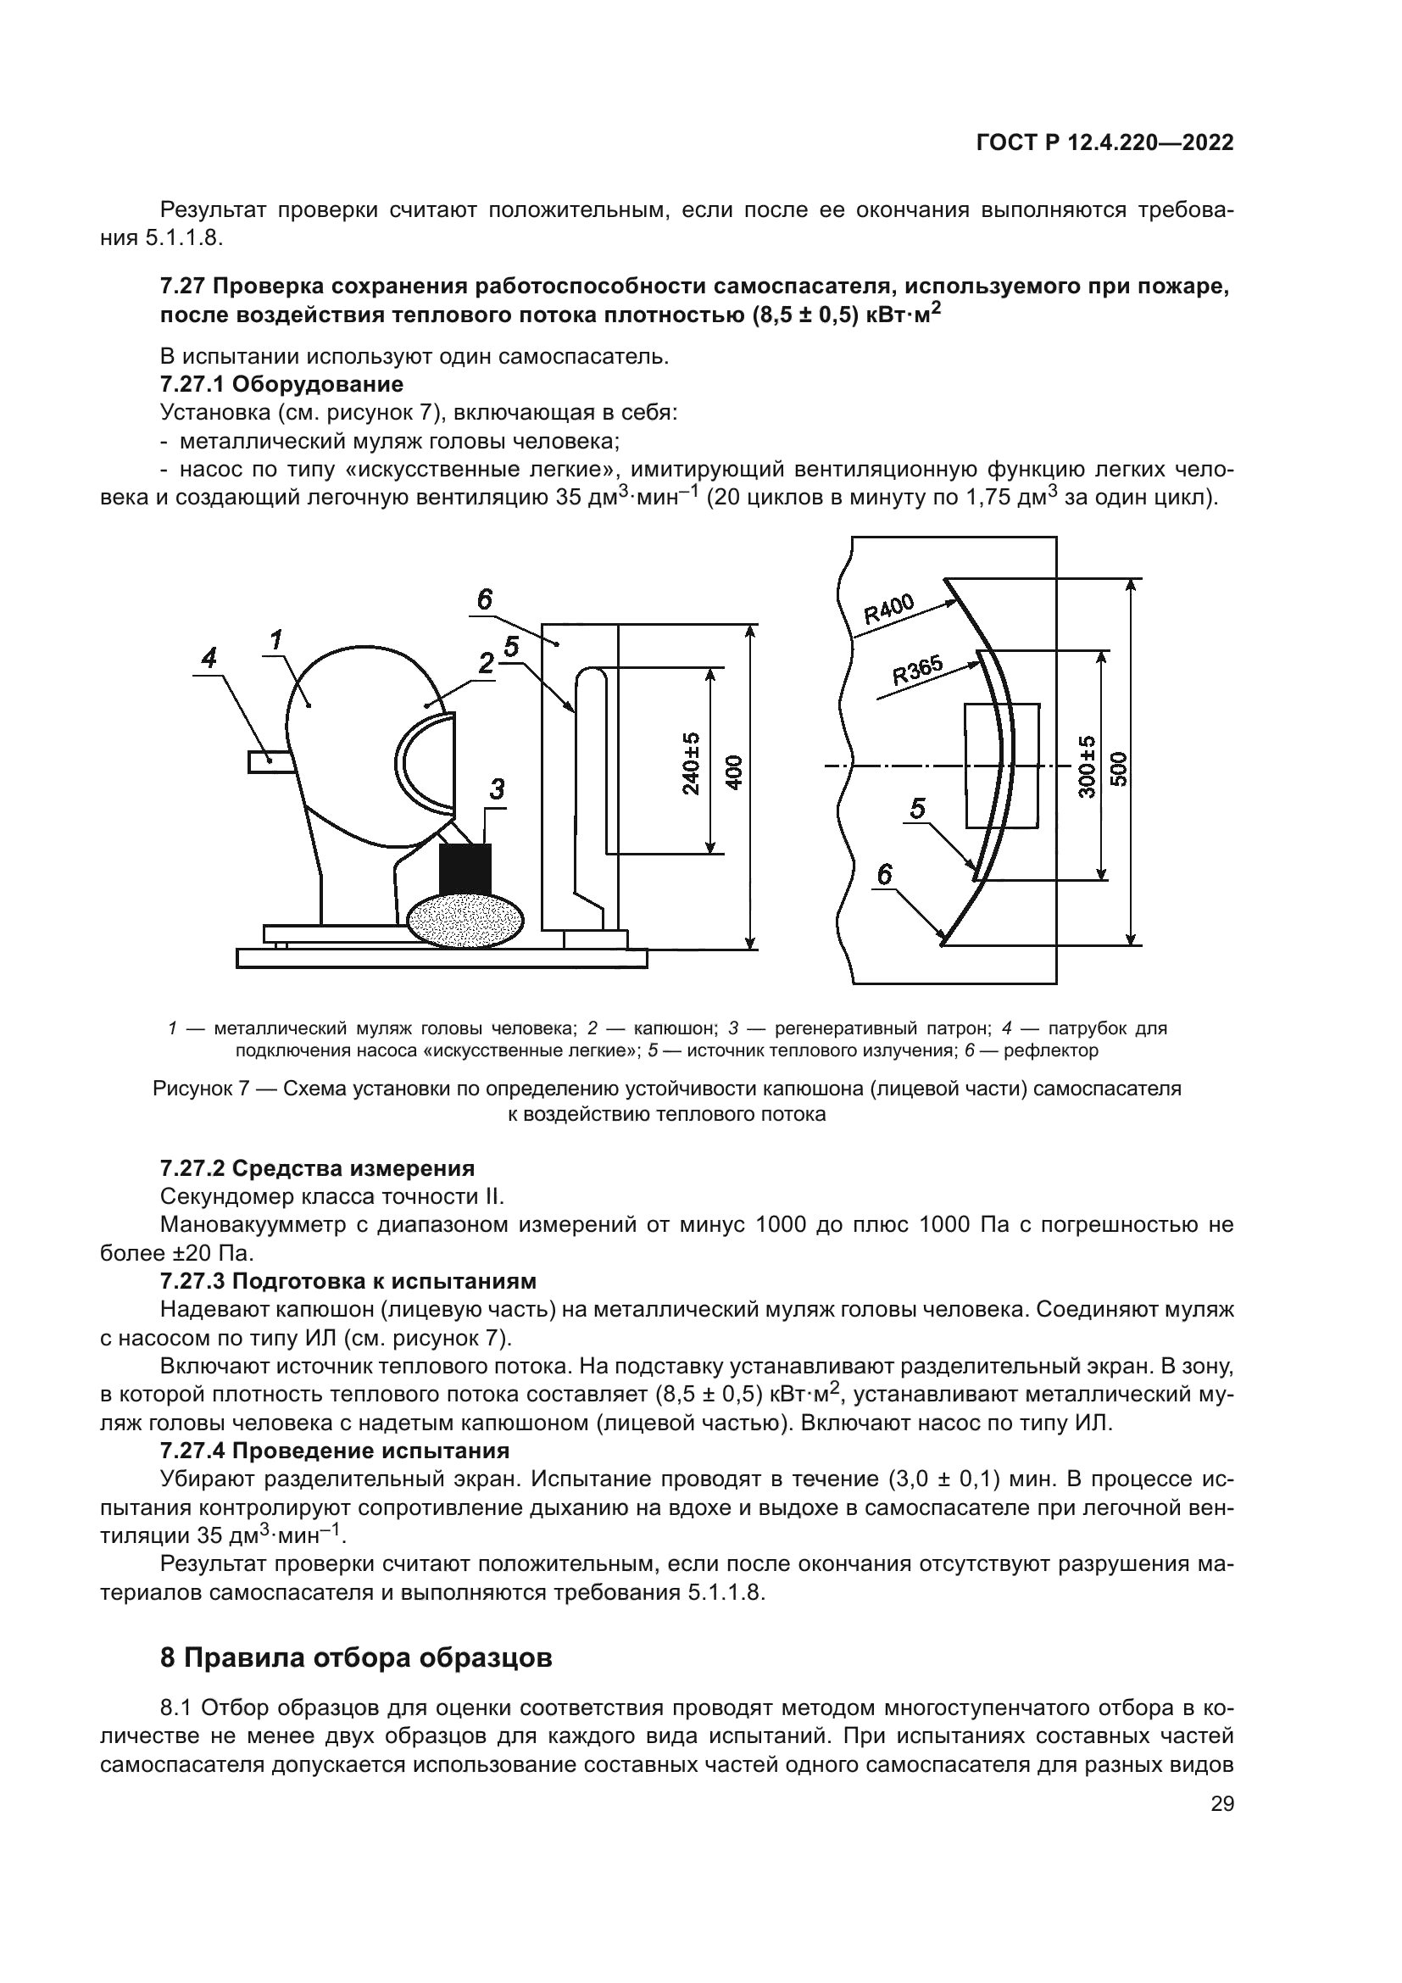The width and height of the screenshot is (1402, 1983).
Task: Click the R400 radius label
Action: pos(888,610)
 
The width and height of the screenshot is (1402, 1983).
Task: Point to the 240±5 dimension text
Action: pos(692,764)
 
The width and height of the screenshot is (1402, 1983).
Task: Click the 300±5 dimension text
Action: pos(1087,766)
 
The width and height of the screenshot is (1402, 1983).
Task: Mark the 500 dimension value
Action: pos(1119,767)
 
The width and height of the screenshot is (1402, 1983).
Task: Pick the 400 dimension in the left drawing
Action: pos(735,771)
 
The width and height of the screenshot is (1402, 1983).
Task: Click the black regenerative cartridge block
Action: pos(465,869)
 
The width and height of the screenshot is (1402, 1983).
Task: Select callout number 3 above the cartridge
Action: pos(497,789)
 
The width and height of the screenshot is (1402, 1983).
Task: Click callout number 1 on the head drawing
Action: pos(275,640)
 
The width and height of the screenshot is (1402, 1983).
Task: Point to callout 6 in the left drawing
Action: pos(484,599)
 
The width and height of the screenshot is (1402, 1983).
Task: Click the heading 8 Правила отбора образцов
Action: pos(356,1658)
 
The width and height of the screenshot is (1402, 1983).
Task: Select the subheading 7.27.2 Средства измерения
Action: pos(317,1168)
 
